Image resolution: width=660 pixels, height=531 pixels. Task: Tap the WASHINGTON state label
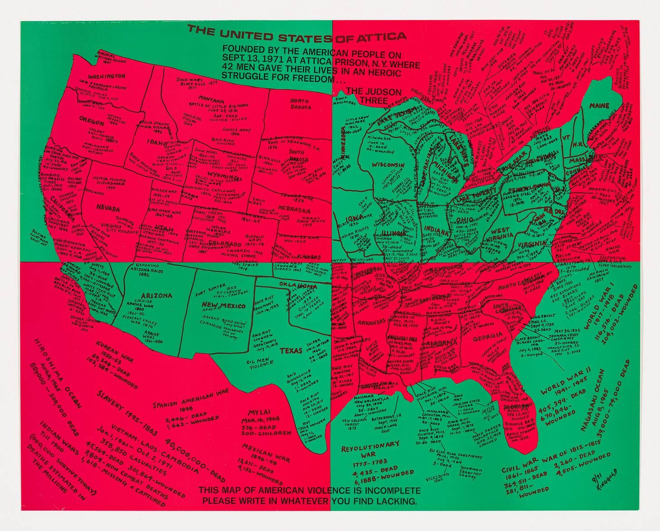pyautogui.click(x=107, y=76)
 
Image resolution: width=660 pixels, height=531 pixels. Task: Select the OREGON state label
pyautogui.click(x=92, y=119)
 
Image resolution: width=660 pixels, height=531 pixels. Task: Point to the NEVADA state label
pyautogui.click(x=108, y=209)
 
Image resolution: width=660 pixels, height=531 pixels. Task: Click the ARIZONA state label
pyautogui.click(x=156, y=295)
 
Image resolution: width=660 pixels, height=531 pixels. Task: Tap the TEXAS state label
pyautogui.click(x=291, y=350)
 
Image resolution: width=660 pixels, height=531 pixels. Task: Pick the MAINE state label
pyautogui.click(x=599, y=106)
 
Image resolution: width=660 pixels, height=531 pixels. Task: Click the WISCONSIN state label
pyautogui.click(x=388, y=164)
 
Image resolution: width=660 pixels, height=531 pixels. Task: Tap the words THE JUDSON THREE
pyautogui.click(x=374, y=95)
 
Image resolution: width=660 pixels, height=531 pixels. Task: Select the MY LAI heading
pyautogui.click(x=259, y=412)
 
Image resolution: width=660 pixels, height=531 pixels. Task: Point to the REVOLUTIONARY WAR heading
pyautogui.click(x=370, y=448)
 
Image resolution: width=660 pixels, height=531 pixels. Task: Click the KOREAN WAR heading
pyautogui.click(x=108, y=349)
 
